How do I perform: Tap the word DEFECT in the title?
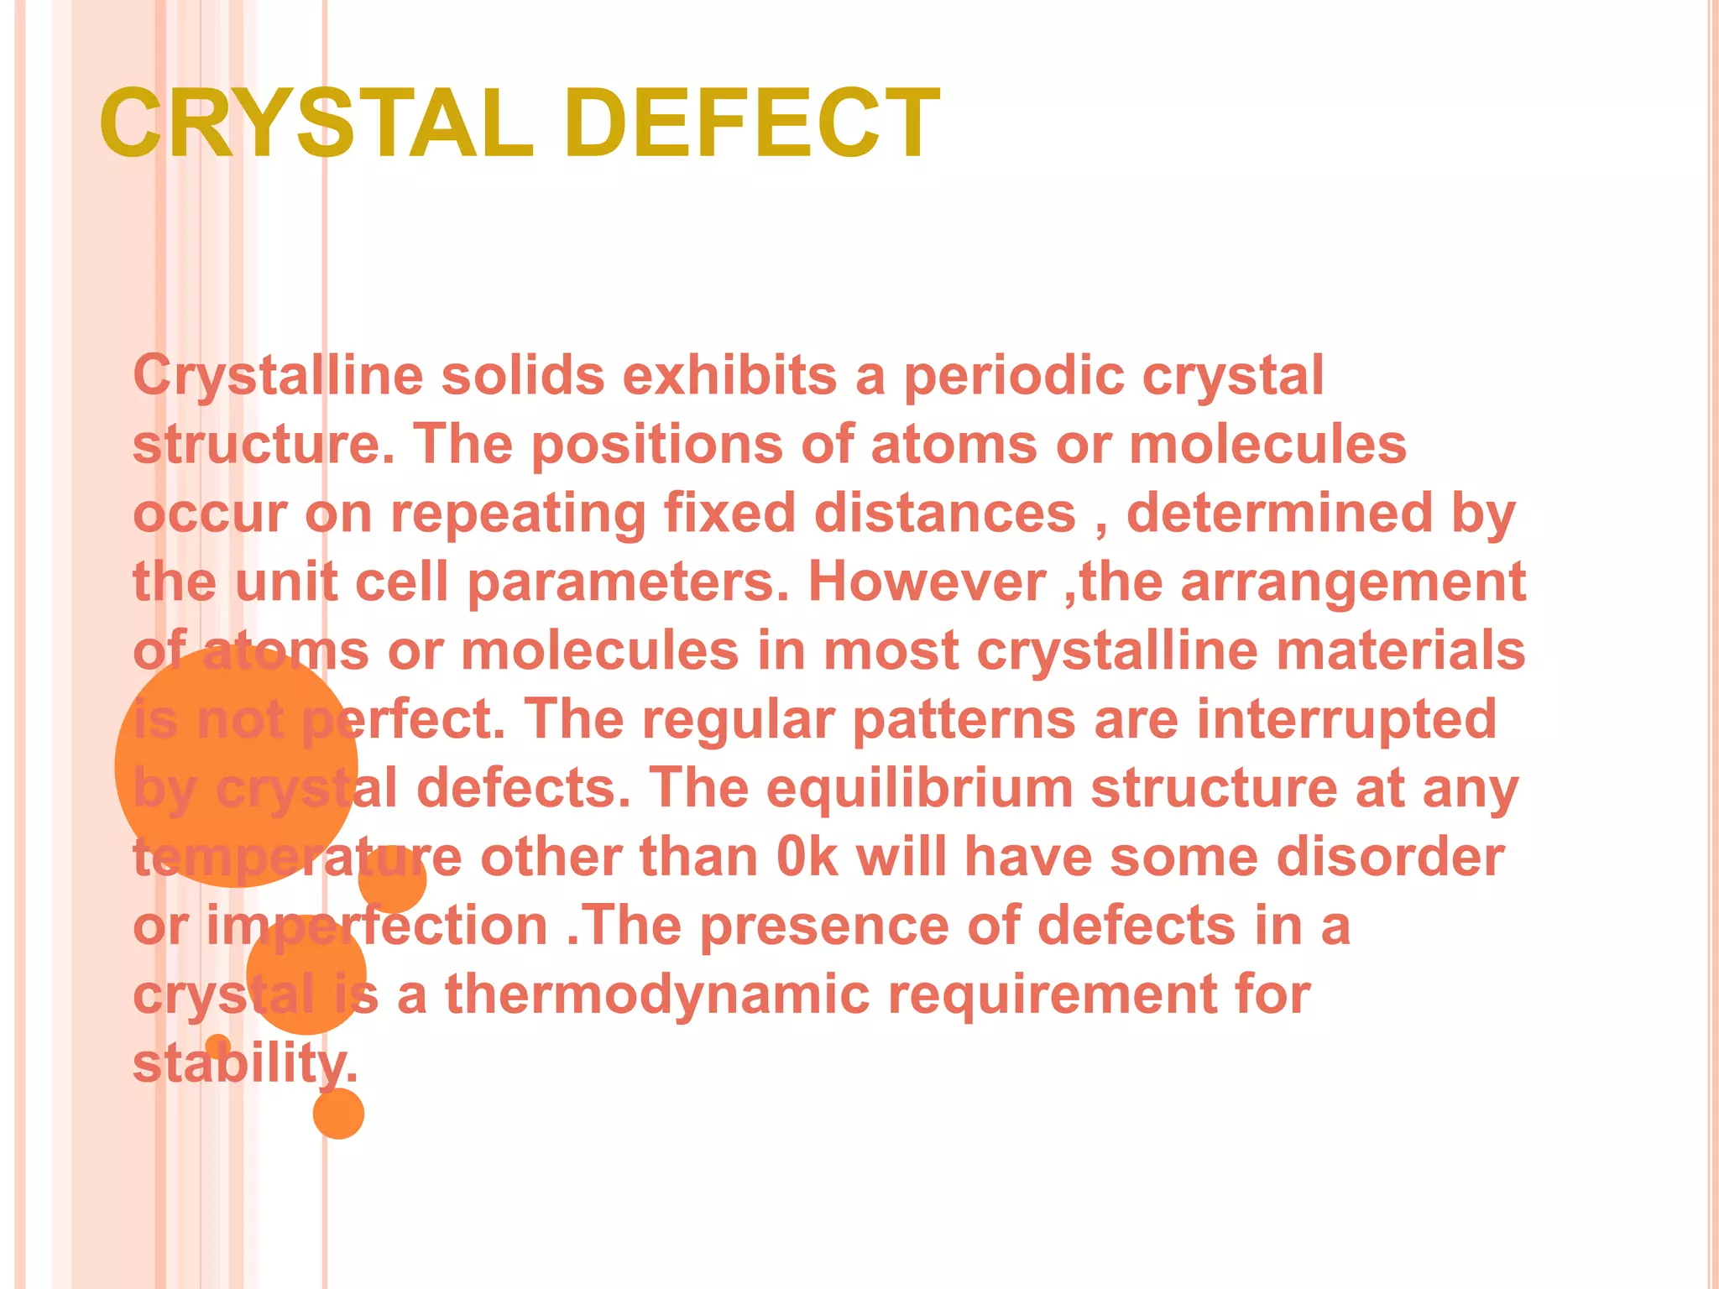point(752,123)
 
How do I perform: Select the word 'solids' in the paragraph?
point(522,375)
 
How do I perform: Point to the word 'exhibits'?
point(729,375)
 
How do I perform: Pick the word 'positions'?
point(656,445)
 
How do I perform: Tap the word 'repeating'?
point(518,513)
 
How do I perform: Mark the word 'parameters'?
point(628,582)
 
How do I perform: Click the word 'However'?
point(927,582)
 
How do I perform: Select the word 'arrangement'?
point(1353,582)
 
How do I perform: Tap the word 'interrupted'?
point(1345,719)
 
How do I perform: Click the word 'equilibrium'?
point(920,788)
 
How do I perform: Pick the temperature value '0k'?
point(807,857)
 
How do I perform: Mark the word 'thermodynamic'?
point(657,994)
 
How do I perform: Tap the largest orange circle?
point(236,765)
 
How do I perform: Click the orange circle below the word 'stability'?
point(338,1114)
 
